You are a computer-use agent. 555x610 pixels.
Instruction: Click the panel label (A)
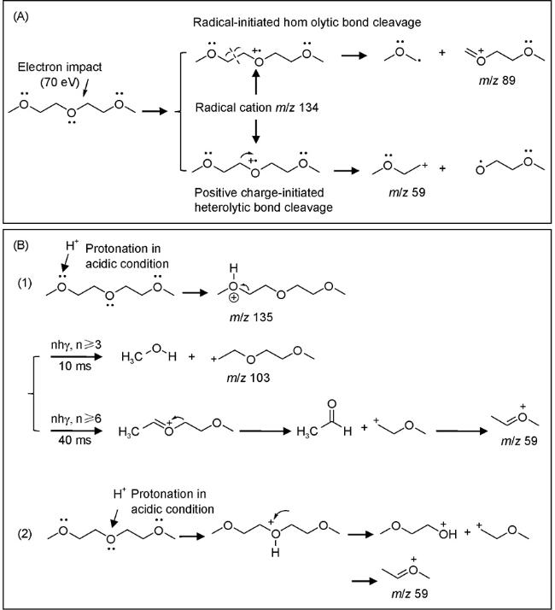(26, 15)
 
